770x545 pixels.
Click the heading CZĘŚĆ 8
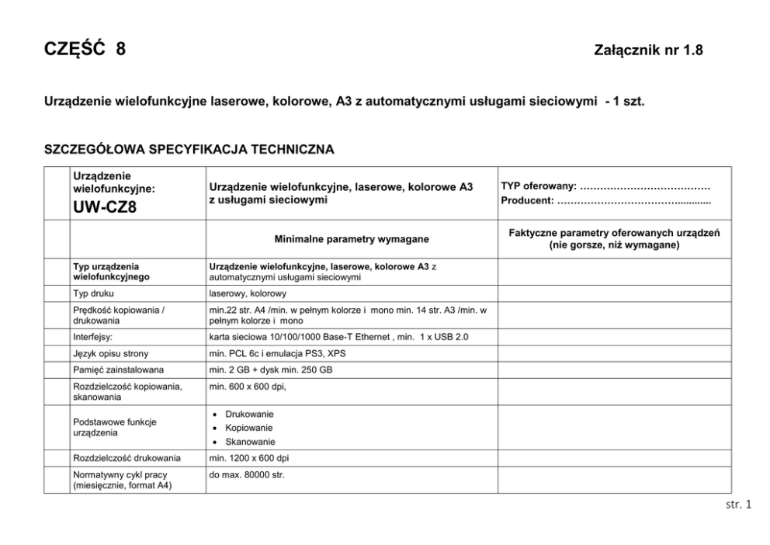(x=85, y=50)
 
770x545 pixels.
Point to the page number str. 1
(x=738, y=505)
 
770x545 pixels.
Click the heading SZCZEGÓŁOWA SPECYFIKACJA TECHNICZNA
(x=190, y=149)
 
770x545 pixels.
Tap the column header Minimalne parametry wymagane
(x=351, y=239)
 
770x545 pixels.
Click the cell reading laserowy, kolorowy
(x=248, y=293)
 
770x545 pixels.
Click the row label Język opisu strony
(x=109, y=353)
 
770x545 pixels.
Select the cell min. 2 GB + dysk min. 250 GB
(x=271, y=370)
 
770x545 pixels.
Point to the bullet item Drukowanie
(x=249, y=414)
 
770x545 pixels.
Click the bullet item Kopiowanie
(x=249, y=428)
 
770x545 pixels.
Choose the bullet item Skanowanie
(x=250, y=442)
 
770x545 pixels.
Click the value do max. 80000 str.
(x=248, y=474)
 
